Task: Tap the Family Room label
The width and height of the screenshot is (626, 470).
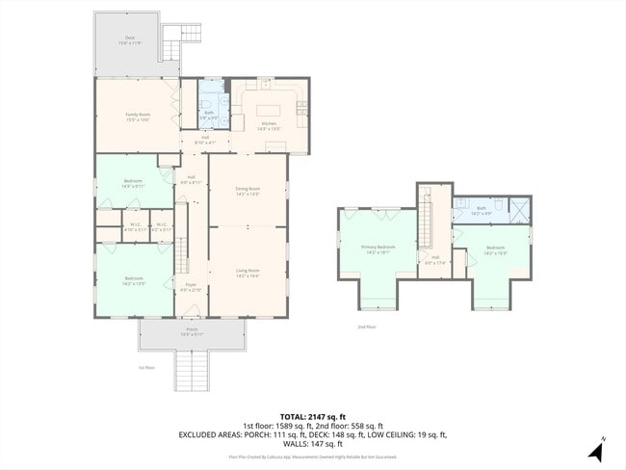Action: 137,117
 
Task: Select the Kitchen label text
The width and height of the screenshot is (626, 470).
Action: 268,125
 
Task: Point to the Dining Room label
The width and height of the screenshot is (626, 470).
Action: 248,191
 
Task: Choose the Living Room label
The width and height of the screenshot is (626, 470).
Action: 248,273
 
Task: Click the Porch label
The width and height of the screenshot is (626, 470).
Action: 192,332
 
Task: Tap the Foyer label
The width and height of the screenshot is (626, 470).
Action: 192,287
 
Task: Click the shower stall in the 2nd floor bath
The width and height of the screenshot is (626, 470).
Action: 518,210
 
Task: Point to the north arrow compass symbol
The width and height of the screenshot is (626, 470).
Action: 594,450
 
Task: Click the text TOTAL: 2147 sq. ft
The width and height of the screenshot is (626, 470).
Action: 312,416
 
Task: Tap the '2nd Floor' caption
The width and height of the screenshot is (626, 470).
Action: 366,327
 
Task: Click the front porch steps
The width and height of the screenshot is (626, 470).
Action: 192,370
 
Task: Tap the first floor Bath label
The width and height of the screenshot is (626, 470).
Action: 209,114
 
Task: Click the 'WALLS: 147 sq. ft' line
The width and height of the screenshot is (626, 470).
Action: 312,444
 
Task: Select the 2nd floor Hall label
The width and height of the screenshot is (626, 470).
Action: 435,258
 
